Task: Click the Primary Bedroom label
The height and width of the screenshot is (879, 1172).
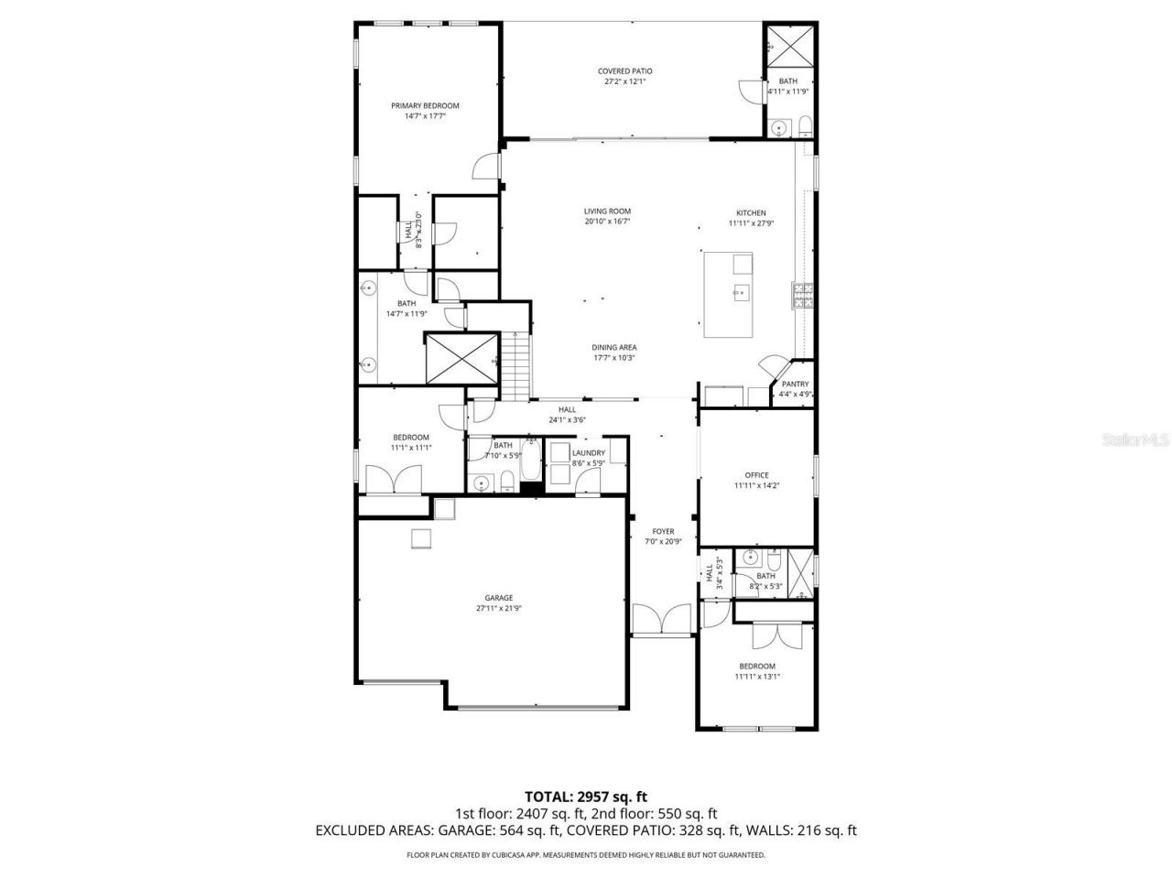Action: point(425,105)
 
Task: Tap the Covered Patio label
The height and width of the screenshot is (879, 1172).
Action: point(625,71)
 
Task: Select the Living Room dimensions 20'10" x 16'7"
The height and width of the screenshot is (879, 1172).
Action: point(608,222)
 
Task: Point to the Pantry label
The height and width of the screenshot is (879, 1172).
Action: point(795,384)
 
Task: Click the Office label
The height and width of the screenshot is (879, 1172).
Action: point(756,475)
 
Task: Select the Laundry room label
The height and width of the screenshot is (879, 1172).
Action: point(588,452)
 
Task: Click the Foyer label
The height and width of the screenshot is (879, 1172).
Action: point(663,531)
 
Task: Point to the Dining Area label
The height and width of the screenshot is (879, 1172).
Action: point(614,347)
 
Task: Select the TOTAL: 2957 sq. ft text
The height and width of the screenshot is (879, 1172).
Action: point(585,797)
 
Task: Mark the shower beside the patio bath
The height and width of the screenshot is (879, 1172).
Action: point(784,44)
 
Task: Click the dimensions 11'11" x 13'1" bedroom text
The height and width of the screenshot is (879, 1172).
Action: point(756,678)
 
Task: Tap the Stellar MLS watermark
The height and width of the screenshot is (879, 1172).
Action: point(1134,439)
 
